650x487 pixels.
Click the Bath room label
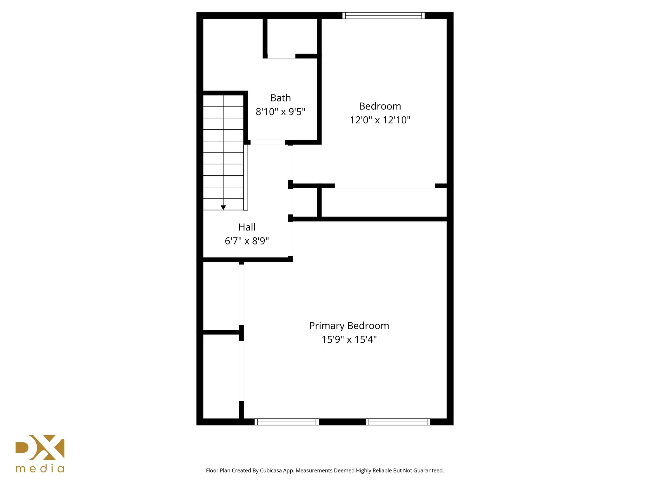point(281,98)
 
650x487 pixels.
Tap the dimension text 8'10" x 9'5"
point(281,112)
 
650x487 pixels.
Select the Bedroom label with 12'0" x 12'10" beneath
point(380,106)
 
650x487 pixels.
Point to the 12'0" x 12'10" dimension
point(380,120)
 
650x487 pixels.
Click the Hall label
point(247,227)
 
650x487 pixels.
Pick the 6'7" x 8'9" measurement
point(247,241)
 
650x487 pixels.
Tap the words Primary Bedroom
point(349,326)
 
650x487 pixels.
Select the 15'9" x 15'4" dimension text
point(349,340)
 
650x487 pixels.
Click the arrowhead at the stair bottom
point(223,208)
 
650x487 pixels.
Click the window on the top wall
point(383,16)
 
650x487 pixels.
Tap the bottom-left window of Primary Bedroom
point(287,422)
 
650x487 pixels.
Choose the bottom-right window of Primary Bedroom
point(398,422)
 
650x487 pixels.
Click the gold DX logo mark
point(40,447)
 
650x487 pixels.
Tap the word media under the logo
point(40,469)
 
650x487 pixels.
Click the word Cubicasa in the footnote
point(271,471)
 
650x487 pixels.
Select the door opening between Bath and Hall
point(268,142)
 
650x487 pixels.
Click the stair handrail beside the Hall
point(246,177)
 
